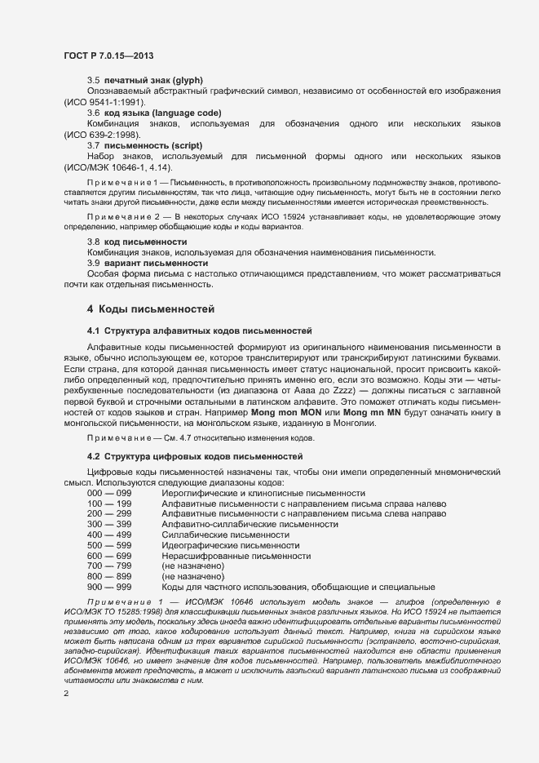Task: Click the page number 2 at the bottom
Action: tap(66, 693)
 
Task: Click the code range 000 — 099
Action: tap(109, 494)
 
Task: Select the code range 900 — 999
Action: tap(109, 587)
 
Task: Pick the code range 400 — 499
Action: tap(109, 535)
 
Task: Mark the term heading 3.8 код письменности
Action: tap(136, 242)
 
